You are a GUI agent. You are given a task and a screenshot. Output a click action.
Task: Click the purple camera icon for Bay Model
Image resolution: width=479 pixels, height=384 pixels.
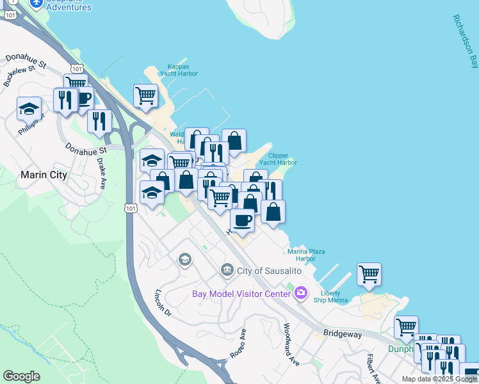pyautogui.click(x=301, y=293)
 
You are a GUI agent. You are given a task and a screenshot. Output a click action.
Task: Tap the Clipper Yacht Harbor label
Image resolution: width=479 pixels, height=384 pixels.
pyautogui.click(x=282, y=159)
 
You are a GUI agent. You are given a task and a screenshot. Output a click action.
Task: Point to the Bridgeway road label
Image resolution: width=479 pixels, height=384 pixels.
pyautogui.click(x=343, y=334)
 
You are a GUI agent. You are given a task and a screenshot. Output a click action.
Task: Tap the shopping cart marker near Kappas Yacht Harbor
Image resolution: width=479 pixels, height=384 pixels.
pyautogui.click(x=146, y=96)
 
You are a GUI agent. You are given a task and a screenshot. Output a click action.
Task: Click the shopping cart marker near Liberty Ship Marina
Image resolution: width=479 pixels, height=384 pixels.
pyautogui.click(x=369, y=274)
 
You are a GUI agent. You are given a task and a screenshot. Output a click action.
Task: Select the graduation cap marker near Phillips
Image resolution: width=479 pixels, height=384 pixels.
pyautogui.click(x=29, y=108)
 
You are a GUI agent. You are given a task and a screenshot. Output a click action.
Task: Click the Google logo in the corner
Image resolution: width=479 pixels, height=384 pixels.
pyautogui.click(x=21, y=376)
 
